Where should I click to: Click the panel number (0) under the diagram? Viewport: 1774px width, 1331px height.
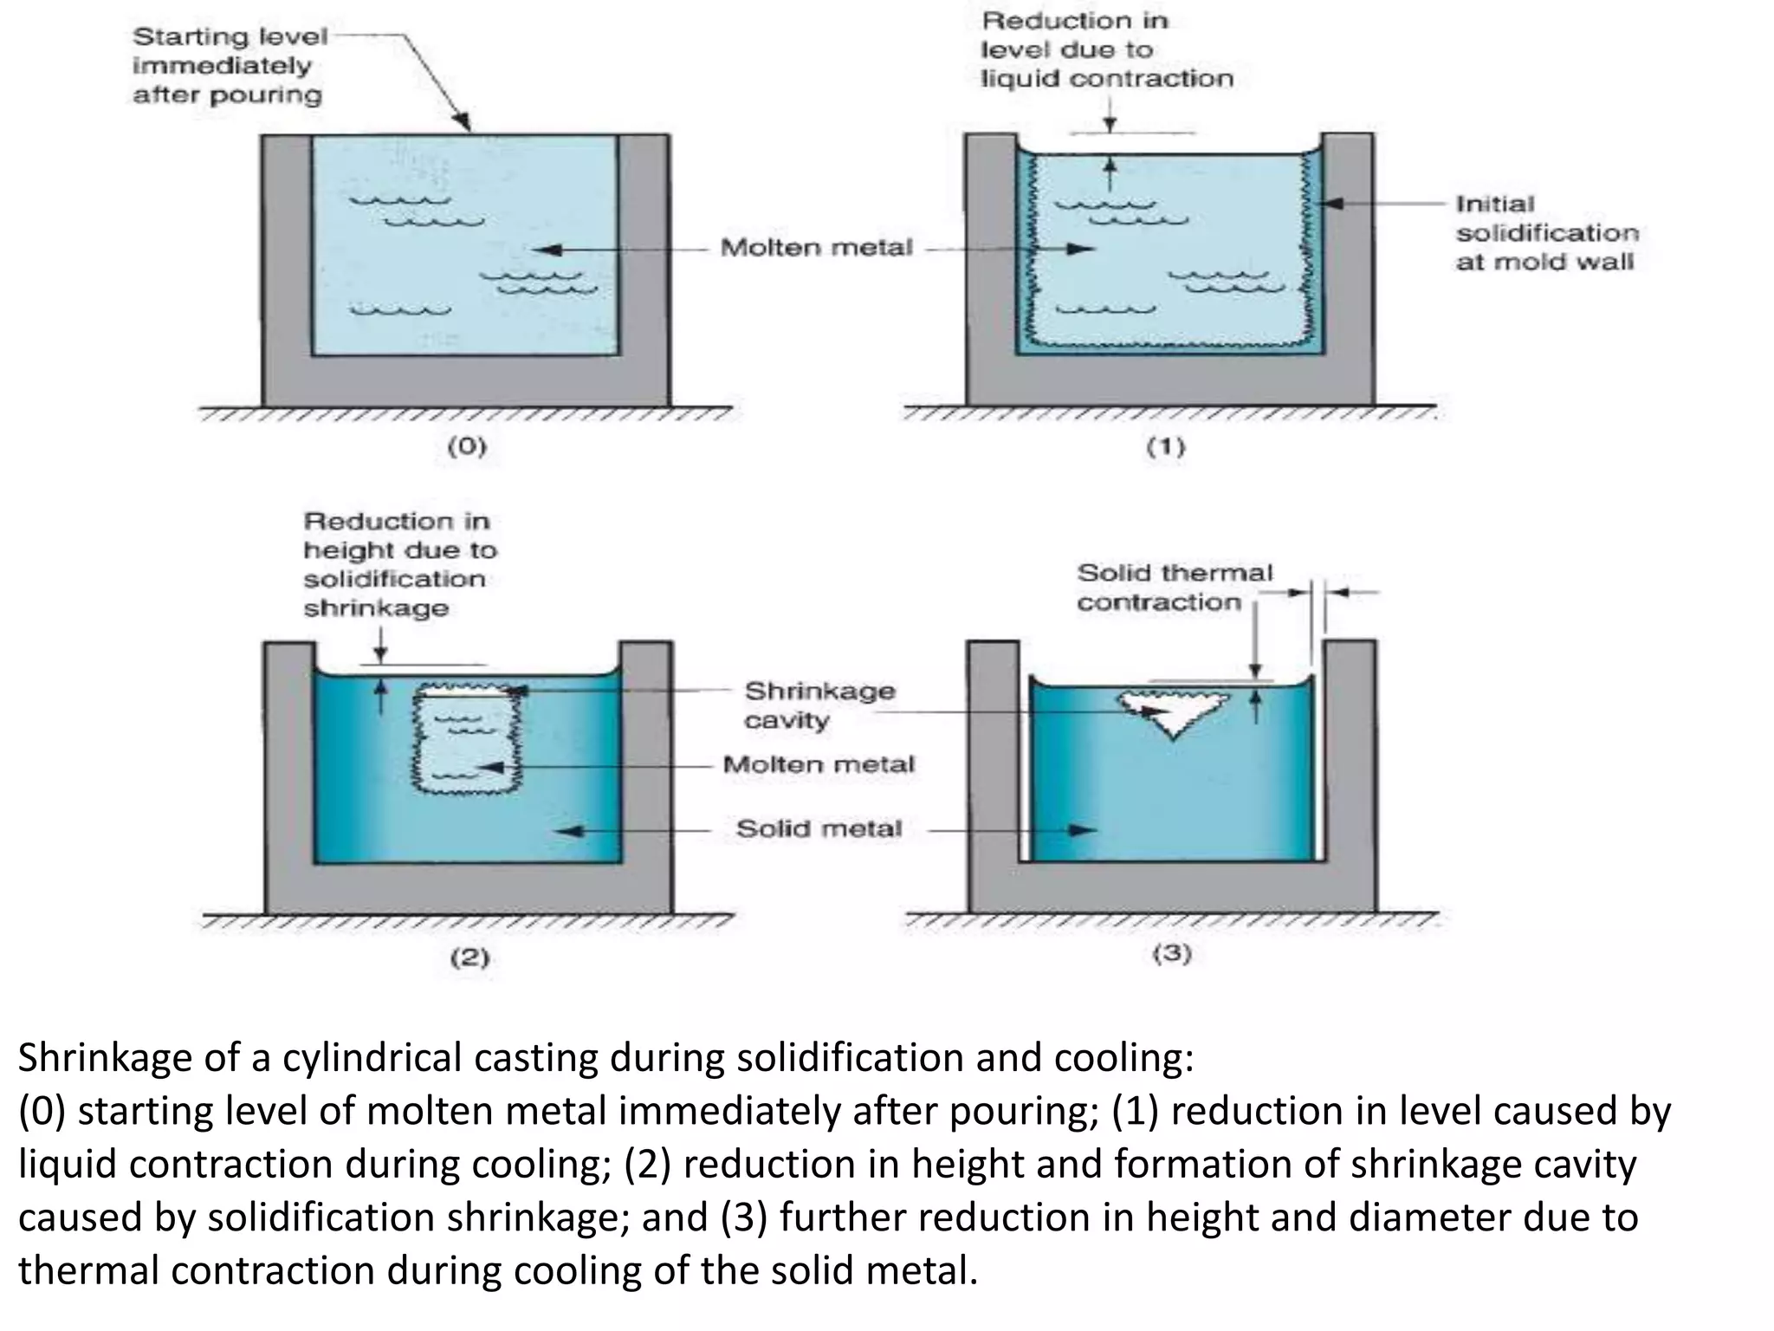point(467,447)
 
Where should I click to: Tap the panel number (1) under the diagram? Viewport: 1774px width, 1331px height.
point(1166,447)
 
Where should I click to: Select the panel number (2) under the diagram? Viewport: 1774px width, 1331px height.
point(469,958)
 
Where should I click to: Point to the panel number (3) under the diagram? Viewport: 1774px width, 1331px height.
point(1171,954)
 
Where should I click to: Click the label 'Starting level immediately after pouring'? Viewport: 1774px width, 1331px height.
point(230,66)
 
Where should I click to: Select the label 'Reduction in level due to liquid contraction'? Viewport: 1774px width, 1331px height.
point(1106,49)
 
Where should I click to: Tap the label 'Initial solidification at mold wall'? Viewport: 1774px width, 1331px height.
point(1546,232)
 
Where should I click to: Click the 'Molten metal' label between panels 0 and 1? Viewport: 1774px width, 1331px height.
point(816,248)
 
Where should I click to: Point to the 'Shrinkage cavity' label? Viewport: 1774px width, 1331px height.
point(819,704)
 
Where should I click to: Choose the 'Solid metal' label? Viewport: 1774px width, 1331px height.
point(819,828)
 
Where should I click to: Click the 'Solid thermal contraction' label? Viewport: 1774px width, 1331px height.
point(1174,588)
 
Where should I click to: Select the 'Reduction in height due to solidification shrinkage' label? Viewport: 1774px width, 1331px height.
point(399,564)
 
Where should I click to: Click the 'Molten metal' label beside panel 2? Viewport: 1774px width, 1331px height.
point(819,764)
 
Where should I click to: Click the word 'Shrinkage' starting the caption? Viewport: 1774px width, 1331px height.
point(106,1058)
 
